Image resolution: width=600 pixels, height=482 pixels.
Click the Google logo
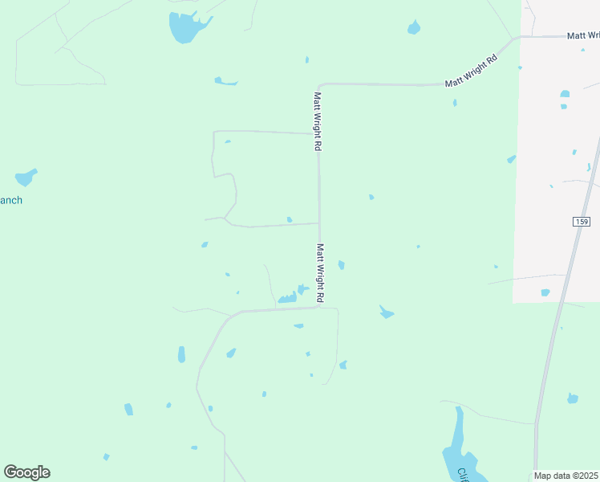[26, 472]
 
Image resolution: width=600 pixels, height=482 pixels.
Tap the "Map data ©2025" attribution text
[566, 475]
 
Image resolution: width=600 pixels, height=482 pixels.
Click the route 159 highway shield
[582, 222]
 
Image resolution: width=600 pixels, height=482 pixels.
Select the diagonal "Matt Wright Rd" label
[472, 71]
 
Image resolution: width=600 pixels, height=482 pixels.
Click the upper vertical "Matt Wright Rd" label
[318, 121]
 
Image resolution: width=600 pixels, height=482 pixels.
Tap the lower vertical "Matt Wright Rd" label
[320, 274]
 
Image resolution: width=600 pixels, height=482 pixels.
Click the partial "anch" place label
[11, 200]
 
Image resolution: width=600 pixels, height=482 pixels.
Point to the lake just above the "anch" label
[26, 177]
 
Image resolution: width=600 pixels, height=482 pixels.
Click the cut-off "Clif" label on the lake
[463, 475]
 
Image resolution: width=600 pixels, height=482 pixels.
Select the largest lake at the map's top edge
[185, 27]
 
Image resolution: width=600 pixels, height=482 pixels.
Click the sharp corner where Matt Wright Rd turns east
[319, 84]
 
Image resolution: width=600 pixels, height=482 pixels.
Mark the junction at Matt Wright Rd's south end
[321, 306]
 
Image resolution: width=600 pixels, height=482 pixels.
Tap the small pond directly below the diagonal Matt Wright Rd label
[455, 103]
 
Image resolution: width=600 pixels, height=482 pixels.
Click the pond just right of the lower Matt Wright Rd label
[341, 265]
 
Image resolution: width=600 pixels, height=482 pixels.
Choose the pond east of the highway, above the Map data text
[572, 398]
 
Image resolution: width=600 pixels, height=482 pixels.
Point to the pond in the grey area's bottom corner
[545, 292]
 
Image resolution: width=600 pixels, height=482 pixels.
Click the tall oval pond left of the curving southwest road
[181, 354]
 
